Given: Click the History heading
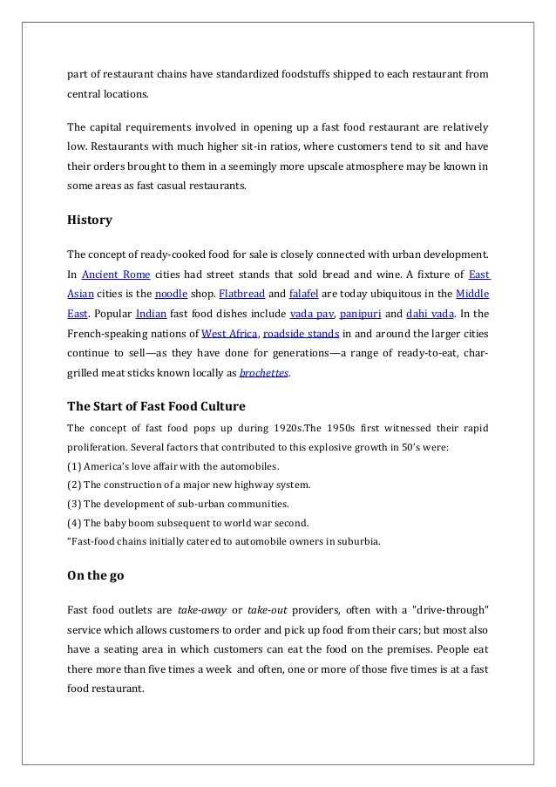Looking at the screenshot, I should point(89,220).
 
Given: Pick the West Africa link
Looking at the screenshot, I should point(228,332).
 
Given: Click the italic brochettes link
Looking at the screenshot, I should point(265,372).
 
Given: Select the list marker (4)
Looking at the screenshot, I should point(74,523).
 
